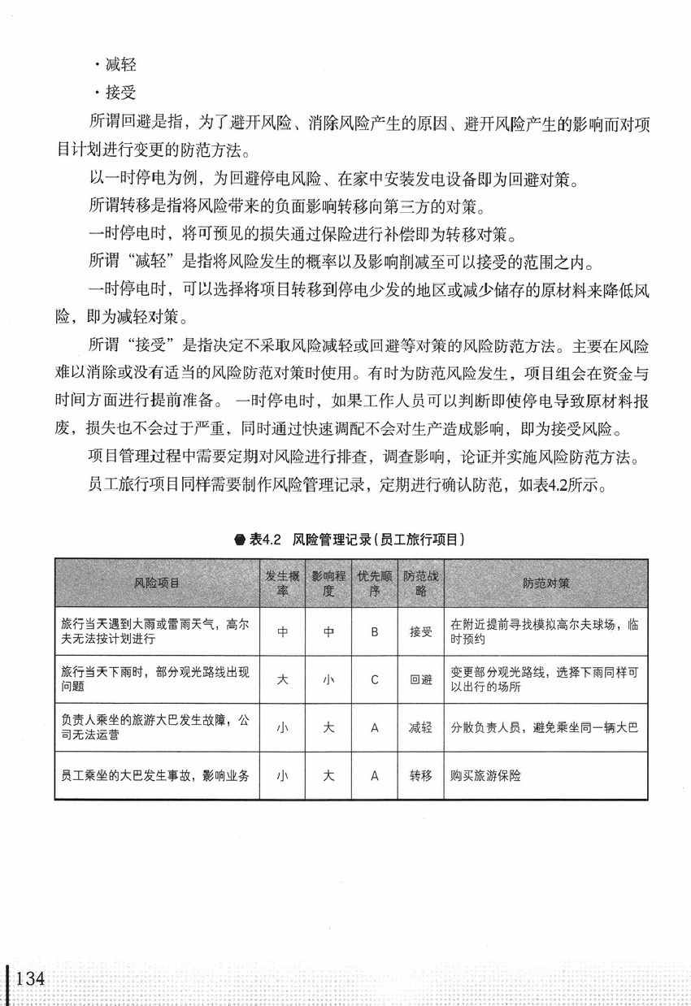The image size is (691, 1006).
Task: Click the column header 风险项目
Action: [157, 583]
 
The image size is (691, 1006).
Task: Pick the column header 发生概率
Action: [282, 583]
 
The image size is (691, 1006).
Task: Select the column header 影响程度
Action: [328, 583]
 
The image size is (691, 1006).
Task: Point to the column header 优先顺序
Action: [375, 583]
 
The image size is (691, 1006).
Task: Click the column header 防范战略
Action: [420, 583]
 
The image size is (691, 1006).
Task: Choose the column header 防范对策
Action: [545, 583]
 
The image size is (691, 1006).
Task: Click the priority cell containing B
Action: [375, 631]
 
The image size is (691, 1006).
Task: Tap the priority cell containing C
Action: [375, 679]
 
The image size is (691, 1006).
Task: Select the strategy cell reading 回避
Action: [420, 679]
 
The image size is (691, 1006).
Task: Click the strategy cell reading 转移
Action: [420, 775]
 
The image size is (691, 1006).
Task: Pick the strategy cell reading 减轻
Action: [420, 727]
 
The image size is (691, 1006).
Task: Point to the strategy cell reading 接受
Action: [420, 631]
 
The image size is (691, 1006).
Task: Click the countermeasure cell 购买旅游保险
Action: [485, 775]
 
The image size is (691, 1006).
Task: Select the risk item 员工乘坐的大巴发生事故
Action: [154, 775]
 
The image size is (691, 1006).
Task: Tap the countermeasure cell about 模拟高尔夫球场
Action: [544, 631]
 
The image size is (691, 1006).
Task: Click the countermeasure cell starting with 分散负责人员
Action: [544, 727]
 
